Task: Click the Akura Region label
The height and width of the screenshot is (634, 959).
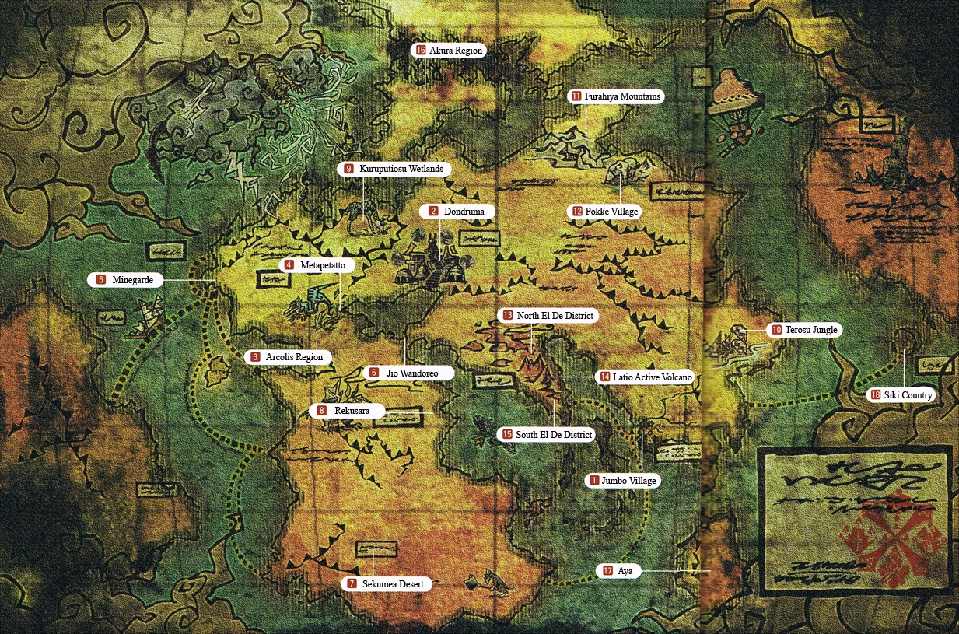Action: pyautogui.click(x=449, y=51)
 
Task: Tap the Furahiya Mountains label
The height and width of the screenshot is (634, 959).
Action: pyautogui.click(x=615, y=96)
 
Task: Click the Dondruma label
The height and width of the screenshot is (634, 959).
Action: pyautogui.click(x=457, y=211)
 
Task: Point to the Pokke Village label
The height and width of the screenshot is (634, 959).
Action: pyautogui.click(x=604, y=211)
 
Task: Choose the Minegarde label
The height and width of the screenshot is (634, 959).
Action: pyautogui.click(x=125, y=279)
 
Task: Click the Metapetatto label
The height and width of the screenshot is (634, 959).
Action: pyautogui.click(x=317, y=265)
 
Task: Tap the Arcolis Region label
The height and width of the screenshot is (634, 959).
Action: pyautogui.click(x=288, y=357)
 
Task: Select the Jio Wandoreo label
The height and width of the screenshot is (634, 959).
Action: pyautogui.click(x=405, y=373)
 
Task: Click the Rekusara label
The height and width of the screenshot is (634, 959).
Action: pyautogui.click(x=346, y=410)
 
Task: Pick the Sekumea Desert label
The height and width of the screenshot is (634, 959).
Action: pyautogui.click(x=387, y=583)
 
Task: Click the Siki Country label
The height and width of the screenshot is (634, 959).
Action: pyautogui.click(x=900, y=395)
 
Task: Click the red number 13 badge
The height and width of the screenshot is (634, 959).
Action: pyautogui.click(x=508, y=316)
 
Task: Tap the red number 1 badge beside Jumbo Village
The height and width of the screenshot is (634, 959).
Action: pyautogui.click(x=594, y=481)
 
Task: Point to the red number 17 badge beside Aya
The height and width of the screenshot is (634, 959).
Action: pyautogui.click(x=607, y=571)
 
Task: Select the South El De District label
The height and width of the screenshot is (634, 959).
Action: pyautogui.click(x=546, y=435)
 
